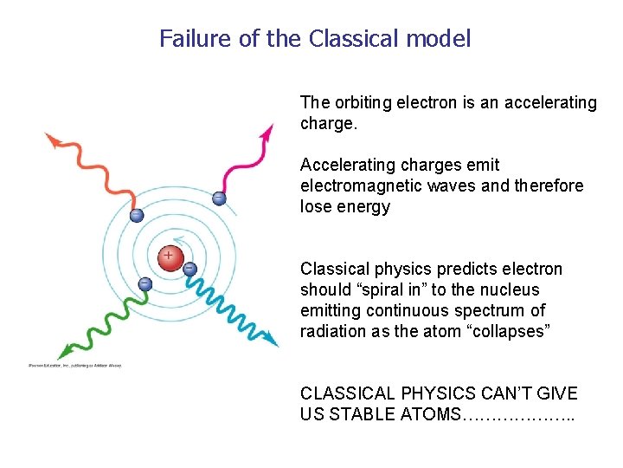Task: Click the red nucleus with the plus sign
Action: (x=169, y=257)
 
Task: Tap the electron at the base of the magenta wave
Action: (x=219, y=198)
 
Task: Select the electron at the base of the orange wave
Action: (x=136, y=215)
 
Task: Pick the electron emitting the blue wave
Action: (x=189, y=269)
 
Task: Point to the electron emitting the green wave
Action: (x=145, y=283)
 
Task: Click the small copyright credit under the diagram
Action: (x=75, y=365)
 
